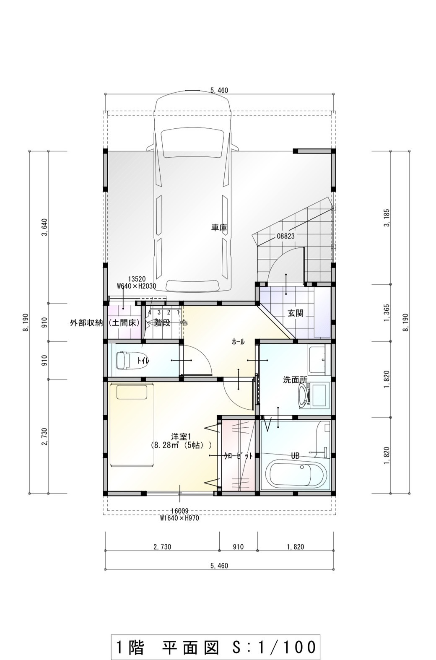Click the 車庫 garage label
click(219, 228)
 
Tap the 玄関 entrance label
click(295, 313)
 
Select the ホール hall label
click(238, 342)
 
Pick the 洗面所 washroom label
click(295, 380)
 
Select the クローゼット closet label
click(238, 456)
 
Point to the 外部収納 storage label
click(86, 323)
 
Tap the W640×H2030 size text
click(136, 286)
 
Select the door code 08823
click(285, 236)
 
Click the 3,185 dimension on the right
click(387, 218)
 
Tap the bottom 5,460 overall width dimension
click(219, 565)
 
